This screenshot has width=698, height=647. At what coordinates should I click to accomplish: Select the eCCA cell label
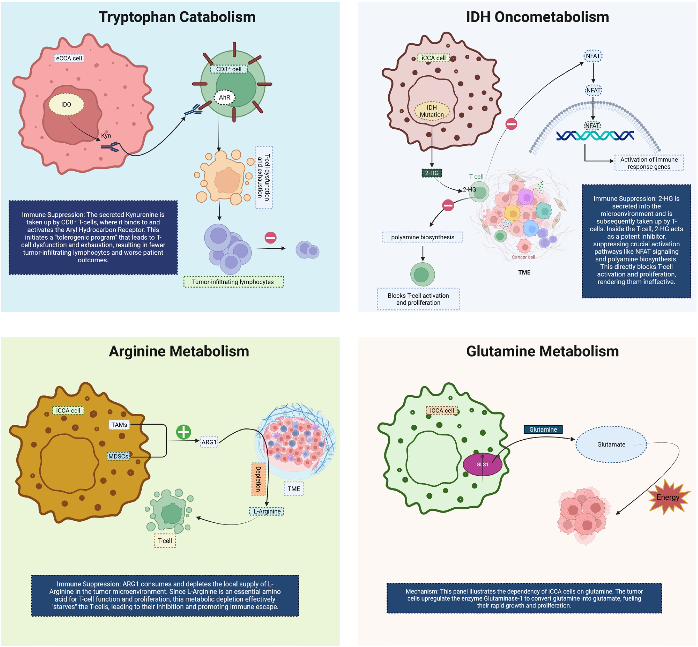69,58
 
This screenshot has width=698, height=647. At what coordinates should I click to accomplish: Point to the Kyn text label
106,136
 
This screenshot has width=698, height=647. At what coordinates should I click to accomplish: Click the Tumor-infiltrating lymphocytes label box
233,282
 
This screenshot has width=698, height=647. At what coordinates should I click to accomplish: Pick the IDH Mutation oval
432,111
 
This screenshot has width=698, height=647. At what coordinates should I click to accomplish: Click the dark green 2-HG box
432,173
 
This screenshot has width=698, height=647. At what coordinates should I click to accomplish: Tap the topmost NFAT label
593,56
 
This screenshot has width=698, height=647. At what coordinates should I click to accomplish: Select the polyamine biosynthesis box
423,237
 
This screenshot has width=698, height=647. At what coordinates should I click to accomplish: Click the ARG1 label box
209,442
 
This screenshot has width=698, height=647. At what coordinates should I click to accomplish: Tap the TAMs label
119,425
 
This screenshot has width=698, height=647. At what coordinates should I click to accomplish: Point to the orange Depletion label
258,479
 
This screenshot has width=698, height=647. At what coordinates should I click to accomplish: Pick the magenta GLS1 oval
482,464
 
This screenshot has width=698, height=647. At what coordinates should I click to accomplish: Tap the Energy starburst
668,497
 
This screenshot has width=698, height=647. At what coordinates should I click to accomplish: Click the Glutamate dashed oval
611,444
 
